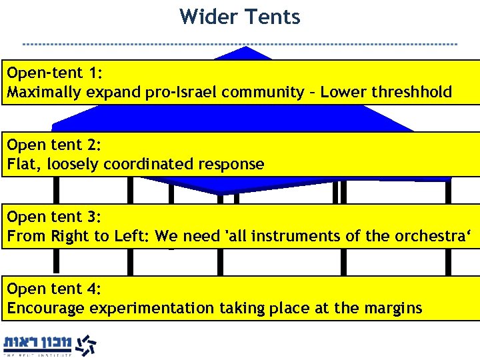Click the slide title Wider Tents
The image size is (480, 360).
[x=240, y=17]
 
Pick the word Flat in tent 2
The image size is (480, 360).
[x=21, y=164]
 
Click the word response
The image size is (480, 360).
[x=235, y=164]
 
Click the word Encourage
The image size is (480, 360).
[x=45, y=308]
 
